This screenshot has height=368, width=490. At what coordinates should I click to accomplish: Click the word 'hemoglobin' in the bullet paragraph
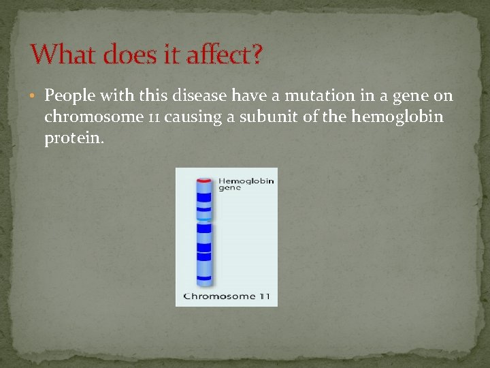pyautogui.click(x=397, y=117)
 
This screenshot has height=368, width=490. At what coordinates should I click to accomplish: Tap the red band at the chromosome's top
pyautogui.click(x=204, y=179)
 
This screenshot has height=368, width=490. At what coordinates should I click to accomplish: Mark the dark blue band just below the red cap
pyautogui.click(x=204, y=197)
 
